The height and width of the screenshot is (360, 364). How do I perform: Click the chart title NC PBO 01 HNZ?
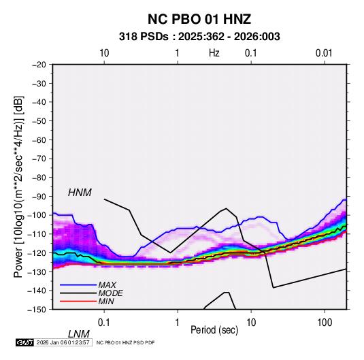tap(199, 19)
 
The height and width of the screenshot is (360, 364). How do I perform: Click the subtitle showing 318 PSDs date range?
tap(199, 37)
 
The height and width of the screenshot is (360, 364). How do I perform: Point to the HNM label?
tap(80, 193)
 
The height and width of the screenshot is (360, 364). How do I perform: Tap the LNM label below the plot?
tap(78, 334)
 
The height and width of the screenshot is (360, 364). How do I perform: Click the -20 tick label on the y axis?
tap(39, 65)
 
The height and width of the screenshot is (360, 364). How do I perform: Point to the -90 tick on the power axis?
tap(39, 196)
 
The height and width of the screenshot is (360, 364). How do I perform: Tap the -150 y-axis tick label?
tap(37, 310)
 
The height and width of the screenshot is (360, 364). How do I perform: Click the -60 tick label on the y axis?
tap(39, 140)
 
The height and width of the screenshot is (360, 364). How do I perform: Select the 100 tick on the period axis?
tap(325, 323)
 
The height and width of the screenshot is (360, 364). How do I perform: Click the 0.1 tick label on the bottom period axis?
tap(104, 323)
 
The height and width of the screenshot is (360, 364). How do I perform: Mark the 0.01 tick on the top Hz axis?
tap(324, 53)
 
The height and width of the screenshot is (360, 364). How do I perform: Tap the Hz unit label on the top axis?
tap(214, 53)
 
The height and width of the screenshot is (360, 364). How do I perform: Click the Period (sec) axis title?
tap(214, 330)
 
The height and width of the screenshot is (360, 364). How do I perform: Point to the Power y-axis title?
tap(18, 186)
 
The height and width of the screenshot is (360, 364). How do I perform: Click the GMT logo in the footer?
tap(25, 342)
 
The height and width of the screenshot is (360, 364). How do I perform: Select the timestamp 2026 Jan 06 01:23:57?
tap(63, 342)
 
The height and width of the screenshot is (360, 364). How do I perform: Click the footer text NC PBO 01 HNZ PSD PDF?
tap(125, 342)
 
